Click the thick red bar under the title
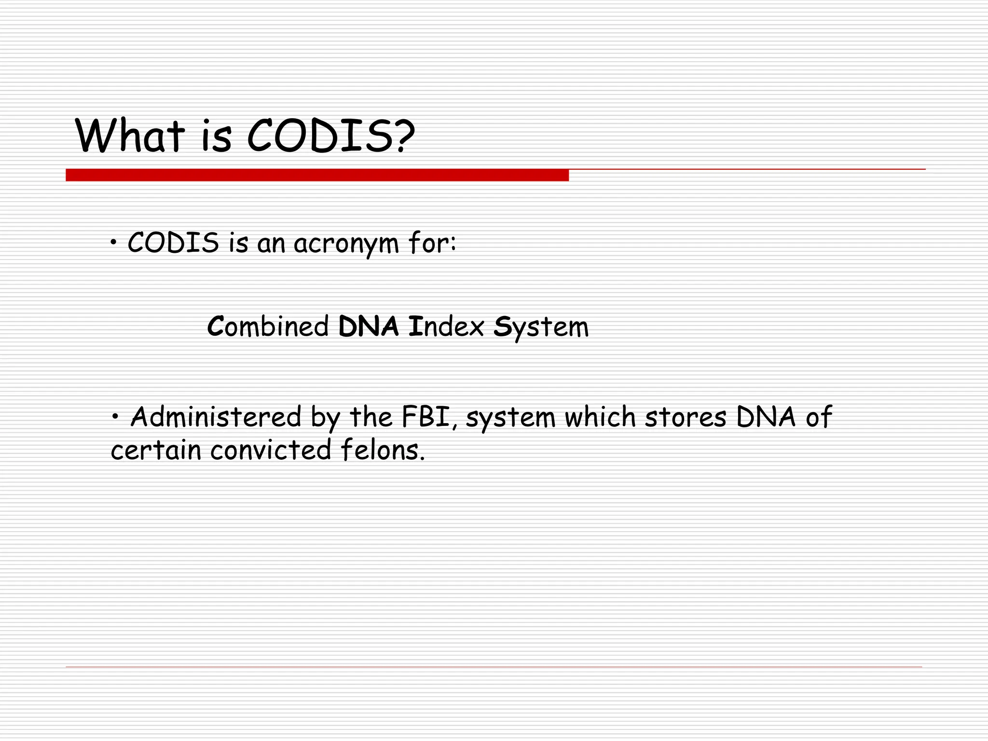click(317, 175)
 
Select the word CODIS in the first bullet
click(173, 243)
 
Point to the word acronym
click(346, 244)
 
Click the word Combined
click(268, 327)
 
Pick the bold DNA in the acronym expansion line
click(369, 327)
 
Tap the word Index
click(446, 327)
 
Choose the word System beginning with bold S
click(541, 328)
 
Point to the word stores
click(685, 417)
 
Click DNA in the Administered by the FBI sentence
click(766, 417)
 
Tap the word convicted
click(271, 450)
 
